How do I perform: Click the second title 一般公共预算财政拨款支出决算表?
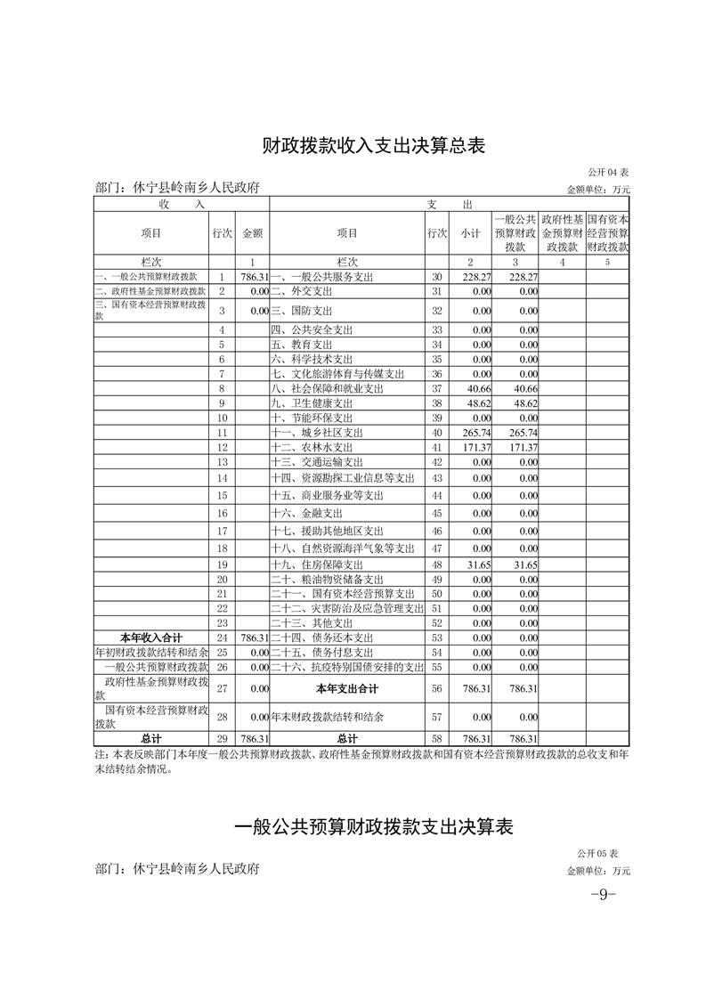pyautogui.click(x=374, y=826)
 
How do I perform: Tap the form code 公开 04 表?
pyautogui.click(x=608, y=172)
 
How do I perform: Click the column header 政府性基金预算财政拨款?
pyautogui.click(x=563, y=232)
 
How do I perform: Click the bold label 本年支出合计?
pyautogui.click(x=347, y=688)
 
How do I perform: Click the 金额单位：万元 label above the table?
pyautogui.click(x=598, y=190)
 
